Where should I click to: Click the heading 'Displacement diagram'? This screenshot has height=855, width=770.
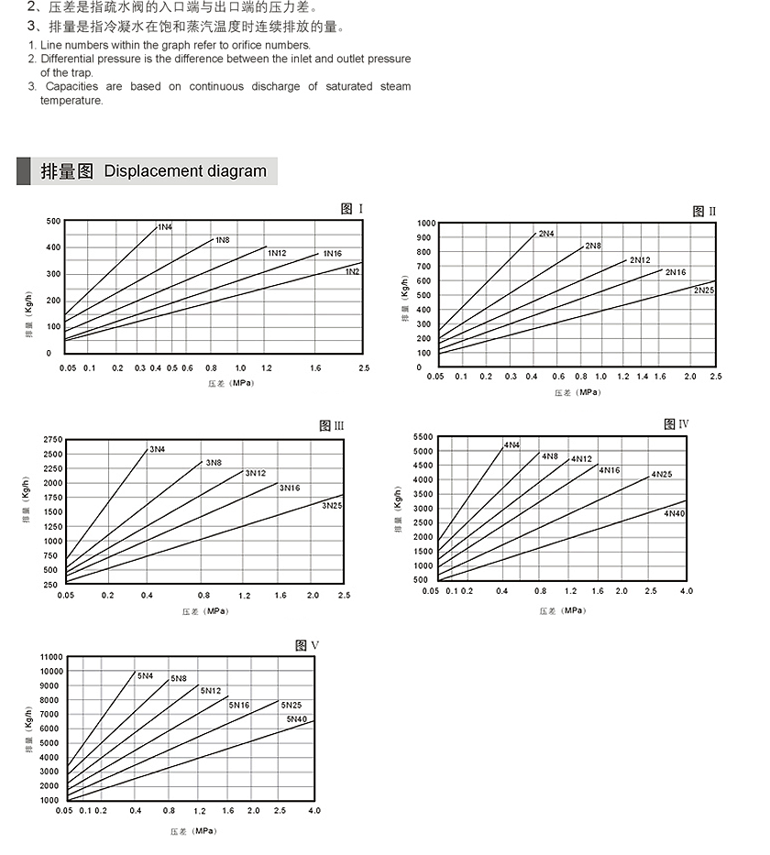(185, 171)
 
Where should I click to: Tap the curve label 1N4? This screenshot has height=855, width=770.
(165, 226)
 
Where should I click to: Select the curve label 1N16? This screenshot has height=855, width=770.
(333, 254)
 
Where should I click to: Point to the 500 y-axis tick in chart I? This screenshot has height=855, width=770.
(54, 221)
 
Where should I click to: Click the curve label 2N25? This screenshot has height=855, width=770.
(704, 290)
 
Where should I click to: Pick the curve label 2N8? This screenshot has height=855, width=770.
(593, 246)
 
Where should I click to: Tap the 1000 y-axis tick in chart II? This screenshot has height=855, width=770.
(426, 224)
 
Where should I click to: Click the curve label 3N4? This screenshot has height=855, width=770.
(158, 449)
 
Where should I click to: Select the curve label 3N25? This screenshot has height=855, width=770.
(333, 505)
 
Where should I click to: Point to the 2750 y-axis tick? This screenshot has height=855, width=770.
(52, 440)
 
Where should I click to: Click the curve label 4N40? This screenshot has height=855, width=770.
(674, 513)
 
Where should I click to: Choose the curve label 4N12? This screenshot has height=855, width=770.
(581, 458)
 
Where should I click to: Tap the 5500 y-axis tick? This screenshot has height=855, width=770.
(421, 437)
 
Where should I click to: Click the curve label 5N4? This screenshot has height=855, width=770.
(146, 675)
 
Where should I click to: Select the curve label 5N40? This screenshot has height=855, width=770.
(298, 719)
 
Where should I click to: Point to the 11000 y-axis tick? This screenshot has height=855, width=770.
(49, 657)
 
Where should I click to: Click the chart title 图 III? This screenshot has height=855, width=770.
(332, 425)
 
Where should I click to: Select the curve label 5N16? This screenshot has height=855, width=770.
(239, 705)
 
